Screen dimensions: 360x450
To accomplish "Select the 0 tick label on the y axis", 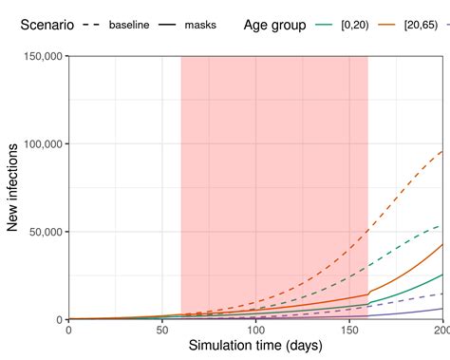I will pos(59,320).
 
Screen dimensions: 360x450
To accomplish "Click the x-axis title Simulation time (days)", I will pos(255,347).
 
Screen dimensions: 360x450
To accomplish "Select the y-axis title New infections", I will pos(13,188).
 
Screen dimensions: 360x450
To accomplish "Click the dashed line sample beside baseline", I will pos(92,25).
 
